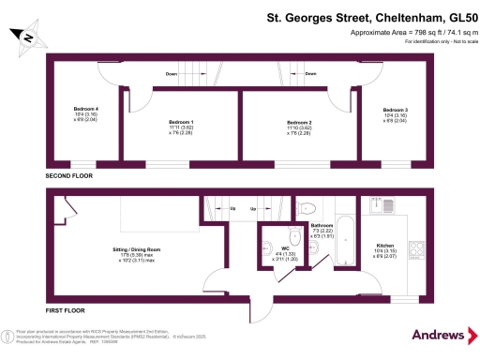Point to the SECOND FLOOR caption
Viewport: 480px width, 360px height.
70,175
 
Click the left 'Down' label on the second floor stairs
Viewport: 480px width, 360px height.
172,73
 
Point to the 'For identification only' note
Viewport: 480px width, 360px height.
432,42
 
